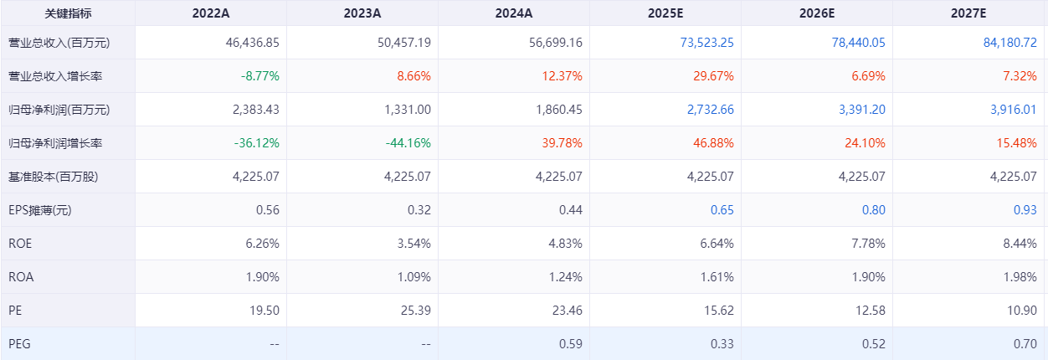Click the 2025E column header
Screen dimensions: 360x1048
tap(665, 13)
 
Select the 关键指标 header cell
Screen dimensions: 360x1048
tap(68, 13)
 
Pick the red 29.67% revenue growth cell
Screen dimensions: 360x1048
tap(714, 76)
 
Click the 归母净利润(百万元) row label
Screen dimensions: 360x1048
tap(59, 110)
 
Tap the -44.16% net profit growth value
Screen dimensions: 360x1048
tap(408, 143)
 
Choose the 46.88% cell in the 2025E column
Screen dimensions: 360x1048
tap(714, 143)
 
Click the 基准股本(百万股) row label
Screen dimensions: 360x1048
tap(59, 177)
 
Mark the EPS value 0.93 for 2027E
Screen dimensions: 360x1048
tap(1025, 210)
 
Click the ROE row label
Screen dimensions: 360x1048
tap(20, 244)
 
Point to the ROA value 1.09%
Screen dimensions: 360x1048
tap(414, 277)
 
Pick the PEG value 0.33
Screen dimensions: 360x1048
tap(722, 344)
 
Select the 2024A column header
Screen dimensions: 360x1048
tap(513, 13)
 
